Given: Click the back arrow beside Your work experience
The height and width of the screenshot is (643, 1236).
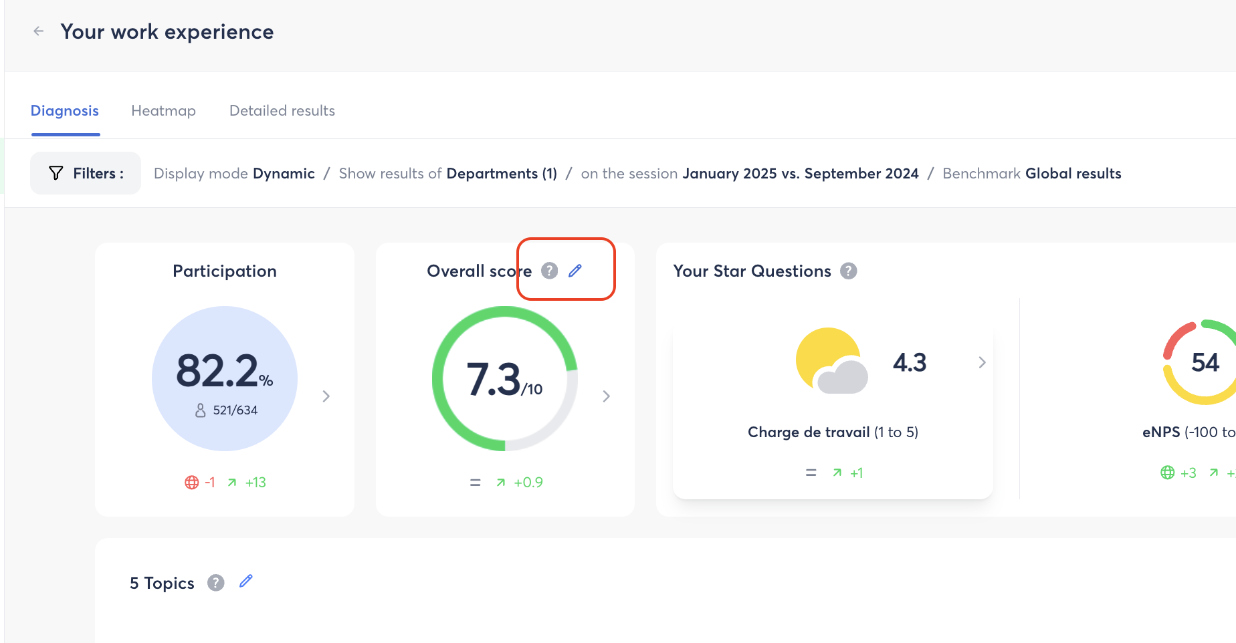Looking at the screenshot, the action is click(39, 31).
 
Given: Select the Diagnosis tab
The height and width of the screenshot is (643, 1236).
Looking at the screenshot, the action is click(65, 111).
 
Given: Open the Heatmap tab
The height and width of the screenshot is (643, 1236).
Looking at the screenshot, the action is click(163, 111).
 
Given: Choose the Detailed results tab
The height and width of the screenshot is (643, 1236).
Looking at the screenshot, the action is click(282, 111).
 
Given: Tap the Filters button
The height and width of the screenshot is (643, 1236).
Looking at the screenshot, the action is click(86, 173).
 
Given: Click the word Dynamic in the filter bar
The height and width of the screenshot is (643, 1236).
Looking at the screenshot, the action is click(284, 174).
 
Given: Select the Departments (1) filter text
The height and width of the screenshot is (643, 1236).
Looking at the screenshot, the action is click(502, 174).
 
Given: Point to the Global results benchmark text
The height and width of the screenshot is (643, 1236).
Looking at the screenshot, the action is click(1073, 174).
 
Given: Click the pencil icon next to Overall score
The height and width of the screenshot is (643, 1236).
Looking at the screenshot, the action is click(575, 271).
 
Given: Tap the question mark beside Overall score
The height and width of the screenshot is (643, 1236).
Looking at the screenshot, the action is click(549, 271).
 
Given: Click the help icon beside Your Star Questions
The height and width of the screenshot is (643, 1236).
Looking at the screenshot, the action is click(849, 271).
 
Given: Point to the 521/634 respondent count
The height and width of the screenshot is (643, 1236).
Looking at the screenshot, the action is click(235, 410).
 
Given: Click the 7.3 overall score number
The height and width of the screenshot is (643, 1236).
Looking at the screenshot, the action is click(493, 380).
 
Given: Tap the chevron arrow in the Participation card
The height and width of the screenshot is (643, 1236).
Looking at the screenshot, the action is click(326, 396).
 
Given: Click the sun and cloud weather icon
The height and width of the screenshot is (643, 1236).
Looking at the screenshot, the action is click(831, 361).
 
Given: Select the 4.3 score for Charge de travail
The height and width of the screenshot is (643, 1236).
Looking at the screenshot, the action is click(910, 362).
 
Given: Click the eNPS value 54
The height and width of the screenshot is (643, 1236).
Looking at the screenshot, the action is click(1205, 362).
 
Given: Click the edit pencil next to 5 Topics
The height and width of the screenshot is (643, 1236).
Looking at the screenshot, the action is click(246, 582).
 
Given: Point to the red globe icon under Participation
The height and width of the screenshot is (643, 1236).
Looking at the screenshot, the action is click(192, 483).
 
